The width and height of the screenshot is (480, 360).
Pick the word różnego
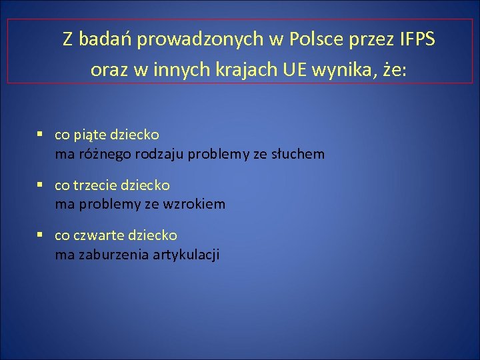pos(103,155)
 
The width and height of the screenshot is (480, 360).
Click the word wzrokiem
pos(198,205)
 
